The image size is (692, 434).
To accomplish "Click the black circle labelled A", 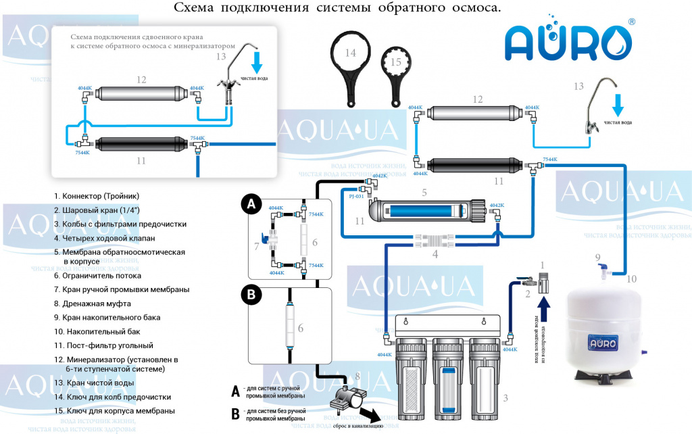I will pyautogui.click(x=251, y=203).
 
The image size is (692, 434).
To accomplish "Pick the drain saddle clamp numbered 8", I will pyautogui.click(x=346, y=398).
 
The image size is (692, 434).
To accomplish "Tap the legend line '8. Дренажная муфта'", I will pyautogui.click(x=93, y=304).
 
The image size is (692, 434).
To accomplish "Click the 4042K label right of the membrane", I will pyautogui.click(x=497, y=206).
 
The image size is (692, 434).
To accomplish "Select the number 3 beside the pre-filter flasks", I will pyautogui.click(x=505, y=397).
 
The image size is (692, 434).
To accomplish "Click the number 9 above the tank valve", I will pyautogui.click(x=597, y=257).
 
